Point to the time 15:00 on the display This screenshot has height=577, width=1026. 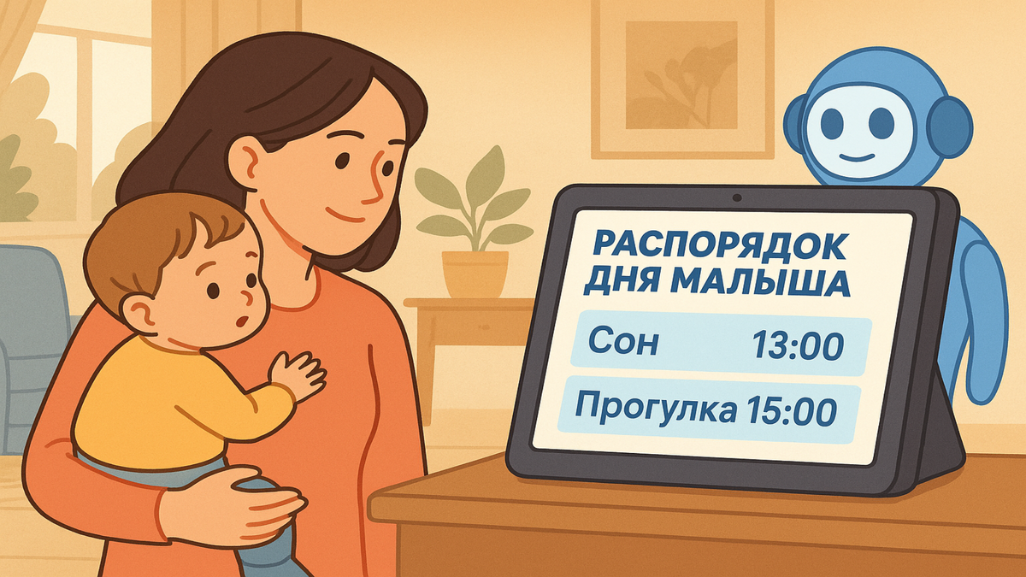790,411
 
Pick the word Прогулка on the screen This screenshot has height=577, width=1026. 654,409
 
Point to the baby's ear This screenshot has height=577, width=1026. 139,311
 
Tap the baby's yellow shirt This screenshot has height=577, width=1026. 162,402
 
